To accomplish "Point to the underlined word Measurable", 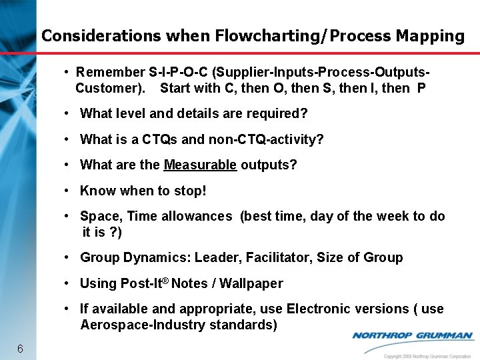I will click(200, 165).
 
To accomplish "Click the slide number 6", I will click(21, 349).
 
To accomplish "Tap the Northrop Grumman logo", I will click(412, 336).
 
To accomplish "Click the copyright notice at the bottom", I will click(427, 356).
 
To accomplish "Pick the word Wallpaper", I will click(251, 283).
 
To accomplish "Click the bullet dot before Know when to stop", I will click(68, 191).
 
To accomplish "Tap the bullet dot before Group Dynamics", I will click(68, 257).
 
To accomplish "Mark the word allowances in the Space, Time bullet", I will click(197, 216).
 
